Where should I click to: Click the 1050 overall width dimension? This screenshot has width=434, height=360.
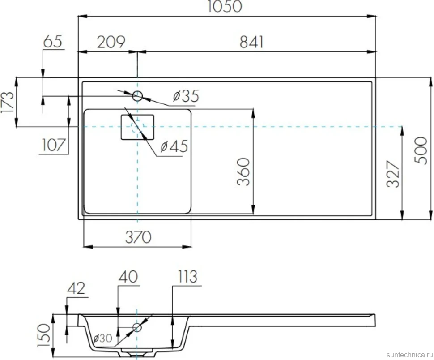(225, 6)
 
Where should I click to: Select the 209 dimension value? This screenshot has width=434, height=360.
(111, 42)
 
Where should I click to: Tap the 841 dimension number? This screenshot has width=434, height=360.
(251, 42)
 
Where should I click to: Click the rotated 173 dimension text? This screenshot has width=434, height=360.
(8, 102)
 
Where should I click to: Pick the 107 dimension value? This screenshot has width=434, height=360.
(53, 145)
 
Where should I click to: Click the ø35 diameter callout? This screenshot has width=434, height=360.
(186, 96)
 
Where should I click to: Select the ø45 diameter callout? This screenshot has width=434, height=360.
(174, 146)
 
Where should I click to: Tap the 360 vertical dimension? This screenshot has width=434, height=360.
(243, 171)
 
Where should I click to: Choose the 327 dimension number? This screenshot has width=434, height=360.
(393, 174)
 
